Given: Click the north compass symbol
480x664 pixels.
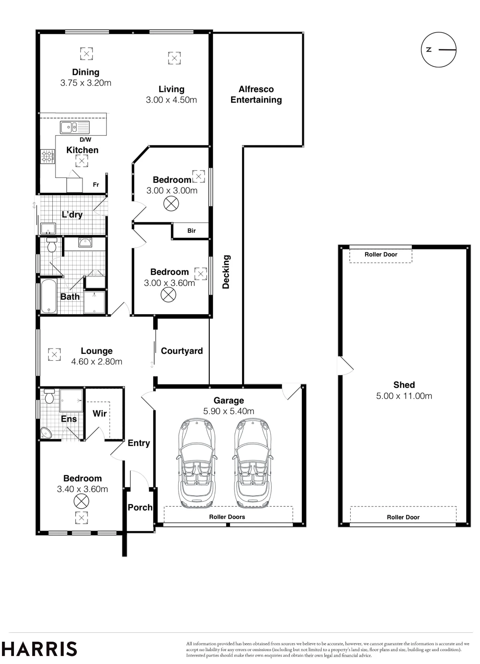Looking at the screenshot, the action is pos(439,50).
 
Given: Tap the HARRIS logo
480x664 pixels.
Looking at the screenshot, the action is pos(39,649).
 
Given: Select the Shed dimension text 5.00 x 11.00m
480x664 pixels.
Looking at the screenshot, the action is pos(404,396).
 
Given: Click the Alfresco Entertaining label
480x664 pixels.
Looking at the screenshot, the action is pos(256,95).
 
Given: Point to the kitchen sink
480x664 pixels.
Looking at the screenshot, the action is pos(75,127).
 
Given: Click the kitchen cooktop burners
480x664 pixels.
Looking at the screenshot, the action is pos(48,156).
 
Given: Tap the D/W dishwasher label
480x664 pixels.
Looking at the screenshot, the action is pos(86,140).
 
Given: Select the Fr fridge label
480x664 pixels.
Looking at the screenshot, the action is pos(96,185).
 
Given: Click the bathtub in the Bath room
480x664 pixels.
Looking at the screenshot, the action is pos(49,296).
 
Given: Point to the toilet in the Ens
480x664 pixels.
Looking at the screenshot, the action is pos(49,396).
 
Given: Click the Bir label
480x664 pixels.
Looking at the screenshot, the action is pos(192,231).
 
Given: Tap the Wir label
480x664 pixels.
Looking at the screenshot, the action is pos(99,413).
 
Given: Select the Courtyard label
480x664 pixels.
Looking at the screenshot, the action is pos(182,351).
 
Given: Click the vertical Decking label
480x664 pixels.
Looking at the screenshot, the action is pos(226,272).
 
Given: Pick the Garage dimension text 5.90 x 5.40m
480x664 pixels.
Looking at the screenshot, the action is pos(229,411).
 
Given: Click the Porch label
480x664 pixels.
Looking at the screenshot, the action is pos(140,507).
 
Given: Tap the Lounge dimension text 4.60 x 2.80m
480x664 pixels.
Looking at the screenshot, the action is pos(97,362).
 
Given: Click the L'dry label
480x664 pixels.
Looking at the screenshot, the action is pos(72,214).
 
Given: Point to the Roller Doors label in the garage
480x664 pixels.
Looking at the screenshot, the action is pos(227,517).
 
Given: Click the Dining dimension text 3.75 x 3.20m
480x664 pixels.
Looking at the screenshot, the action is pos(86,83).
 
